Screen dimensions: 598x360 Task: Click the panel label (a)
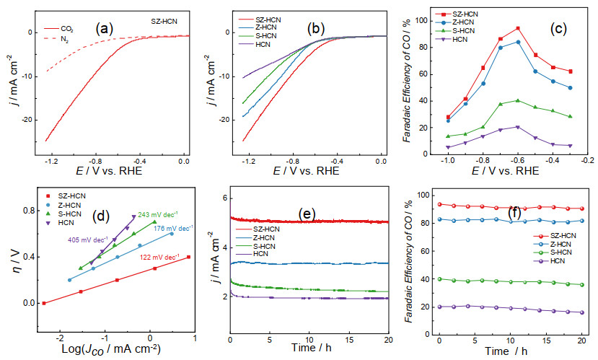[x=105, y=29]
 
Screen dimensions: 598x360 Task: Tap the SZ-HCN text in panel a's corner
[x=164, y=22]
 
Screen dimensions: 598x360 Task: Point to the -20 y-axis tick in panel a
[x=27, y=120]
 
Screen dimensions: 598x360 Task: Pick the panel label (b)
[x=316, y=29]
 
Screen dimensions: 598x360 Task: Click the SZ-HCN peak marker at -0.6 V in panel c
[x=518, y=28]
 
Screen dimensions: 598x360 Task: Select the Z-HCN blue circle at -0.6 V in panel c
[x=518, y=42]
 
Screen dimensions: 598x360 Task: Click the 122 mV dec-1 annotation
[x=160, y=258]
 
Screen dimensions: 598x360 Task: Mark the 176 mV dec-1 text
[x=174, y=229]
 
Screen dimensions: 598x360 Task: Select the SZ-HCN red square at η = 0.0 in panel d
[x=44, y=303]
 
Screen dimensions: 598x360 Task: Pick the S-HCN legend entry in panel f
[x=555, y=253]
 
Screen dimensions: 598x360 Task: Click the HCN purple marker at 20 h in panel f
[x=581, y=312]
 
